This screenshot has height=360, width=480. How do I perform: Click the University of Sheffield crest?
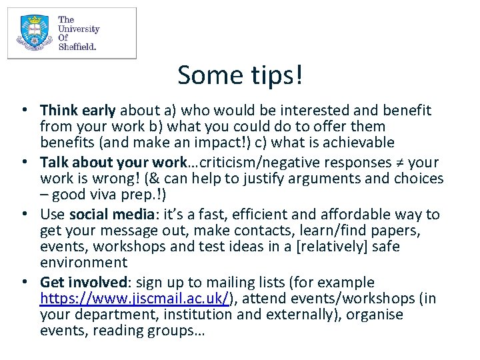[34, 33]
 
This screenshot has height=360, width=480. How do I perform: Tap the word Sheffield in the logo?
[77, 47]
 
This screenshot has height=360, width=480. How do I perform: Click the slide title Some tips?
[240, 75]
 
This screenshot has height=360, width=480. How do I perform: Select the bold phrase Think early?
[78, 111]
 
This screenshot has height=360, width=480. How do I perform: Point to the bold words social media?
[110, 215]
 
